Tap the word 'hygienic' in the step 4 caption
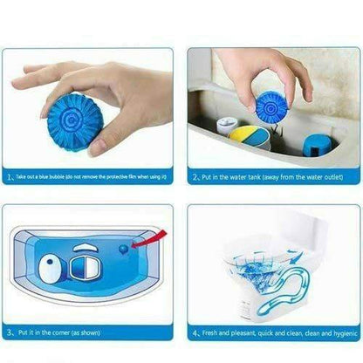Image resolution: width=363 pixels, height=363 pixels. pos(340,333)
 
